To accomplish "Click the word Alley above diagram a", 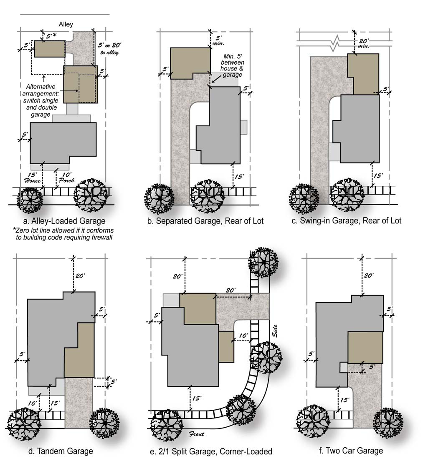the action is click(x=66, y=24).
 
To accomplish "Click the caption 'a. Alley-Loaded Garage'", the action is click(x=64, y=221).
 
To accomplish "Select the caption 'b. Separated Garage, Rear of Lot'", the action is click(x=205, y=221).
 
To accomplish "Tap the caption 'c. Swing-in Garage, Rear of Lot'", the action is click(x=347, y=220).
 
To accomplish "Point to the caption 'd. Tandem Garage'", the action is click(x=61, y=451).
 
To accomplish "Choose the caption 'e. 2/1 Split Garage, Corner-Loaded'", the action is click(x=211, y=451).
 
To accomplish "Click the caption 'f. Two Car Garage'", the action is click(x=351, y=451).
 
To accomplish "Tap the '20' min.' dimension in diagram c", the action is click(x=364, y=43).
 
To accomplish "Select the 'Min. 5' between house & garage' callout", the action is click(x=233, y=65).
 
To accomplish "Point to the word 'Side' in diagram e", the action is click(x=274, y=331).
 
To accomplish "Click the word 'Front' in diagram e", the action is click(x=197, y=434).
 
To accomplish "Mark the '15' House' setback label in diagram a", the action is click(x=33, y=178).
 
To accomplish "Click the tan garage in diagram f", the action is click(x=365, y=348).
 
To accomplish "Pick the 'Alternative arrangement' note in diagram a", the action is click(x=41, y=100).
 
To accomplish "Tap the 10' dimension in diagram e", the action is click(x=243, y=336).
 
